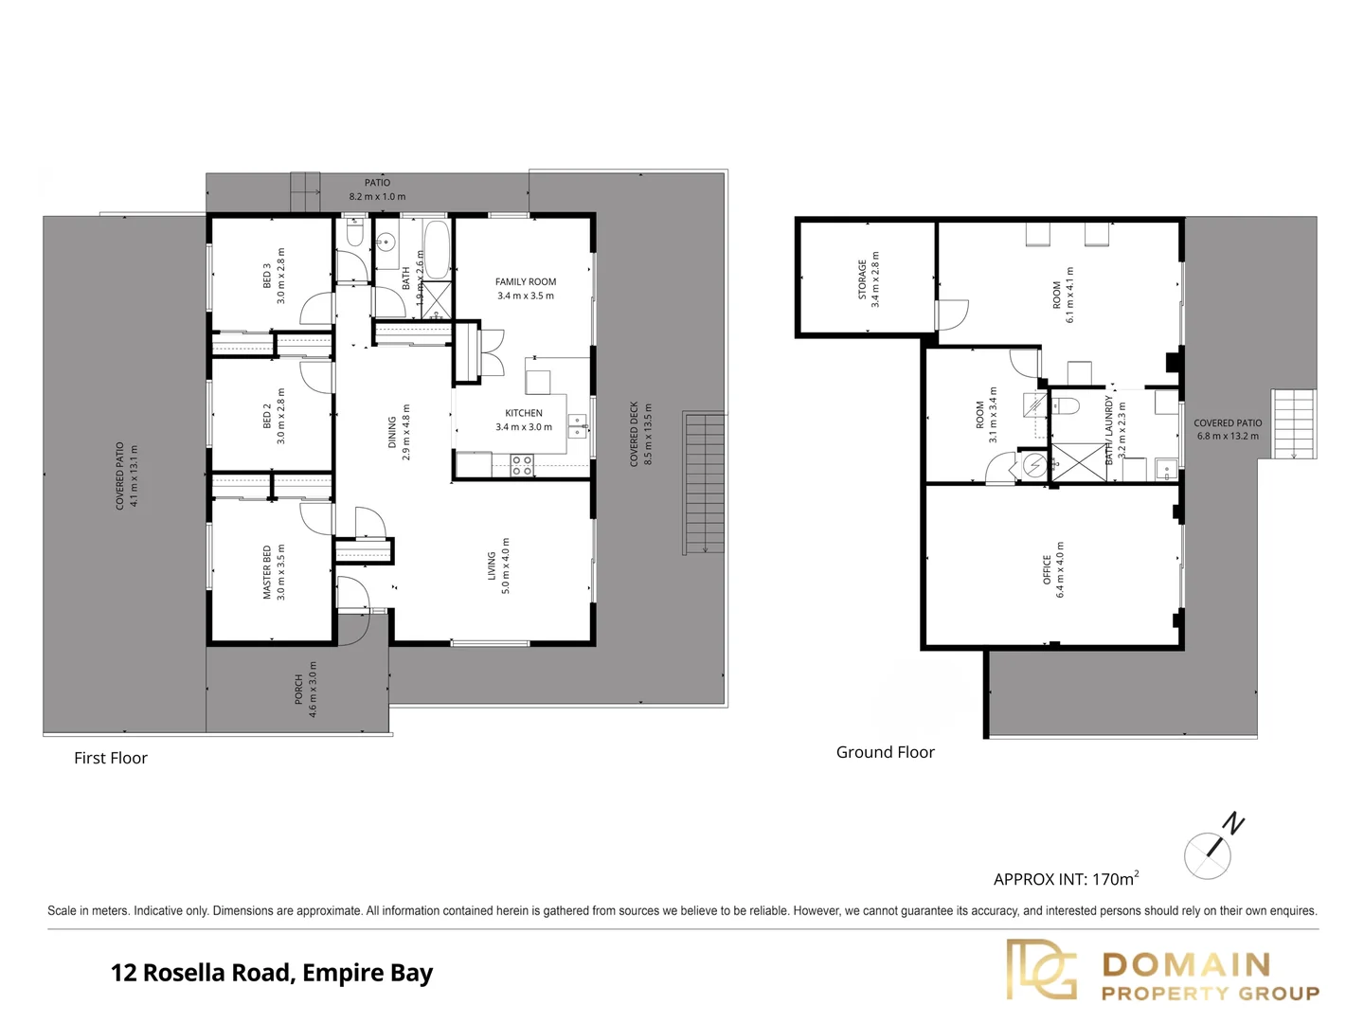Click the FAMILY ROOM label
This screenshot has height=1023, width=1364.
(526, 281)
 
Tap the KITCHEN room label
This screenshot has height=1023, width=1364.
(524, 413)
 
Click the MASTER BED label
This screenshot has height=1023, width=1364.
(267, 572)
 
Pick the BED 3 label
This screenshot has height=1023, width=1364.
(267, 276)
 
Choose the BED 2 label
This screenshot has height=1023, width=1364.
(267, 416)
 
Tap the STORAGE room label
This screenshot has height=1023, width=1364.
(862, 279)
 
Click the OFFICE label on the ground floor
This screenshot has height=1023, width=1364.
(1047, 569)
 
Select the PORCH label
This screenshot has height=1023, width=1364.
(299, 689)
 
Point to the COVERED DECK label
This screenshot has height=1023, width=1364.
(635, 434)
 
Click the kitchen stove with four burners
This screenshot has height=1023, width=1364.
(522, 465)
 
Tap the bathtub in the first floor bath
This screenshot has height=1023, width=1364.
(437, 249)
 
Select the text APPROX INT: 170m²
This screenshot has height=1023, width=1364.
(1066, 879)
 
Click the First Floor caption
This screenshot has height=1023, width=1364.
(111, 758)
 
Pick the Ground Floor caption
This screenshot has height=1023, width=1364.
(885, 752)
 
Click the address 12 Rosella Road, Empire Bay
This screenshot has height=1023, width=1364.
(272, 973)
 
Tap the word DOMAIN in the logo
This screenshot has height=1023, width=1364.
(1186, 964)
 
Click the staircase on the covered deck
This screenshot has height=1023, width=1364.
(704, 483)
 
